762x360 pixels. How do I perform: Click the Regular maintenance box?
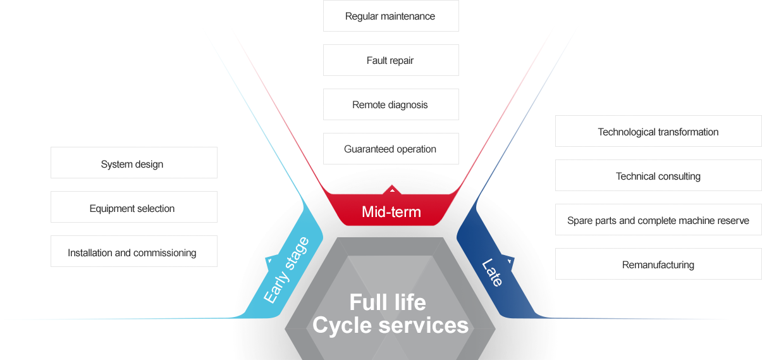click(x=390, y=16)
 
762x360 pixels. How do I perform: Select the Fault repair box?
click(x=390, y=61)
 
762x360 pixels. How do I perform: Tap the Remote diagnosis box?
click(x=390, y=105)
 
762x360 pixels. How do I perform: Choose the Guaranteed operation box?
click(x=390, y=149)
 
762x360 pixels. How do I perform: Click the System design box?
click(x=133, y=163)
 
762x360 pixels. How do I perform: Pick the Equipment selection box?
click(x=133, y=208)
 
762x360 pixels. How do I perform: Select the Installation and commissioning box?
click(x=133, y=252)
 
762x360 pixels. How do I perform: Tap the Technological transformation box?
click(x=658, y=132)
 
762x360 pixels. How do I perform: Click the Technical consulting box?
click(x=658, y=176)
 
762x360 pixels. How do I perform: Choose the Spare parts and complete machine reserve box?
click(x=658, y=220)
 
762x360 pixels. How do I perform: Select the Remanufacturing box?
click(x=658, y=264)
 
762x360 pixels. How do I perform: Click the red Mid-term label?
click(x=391, y=212)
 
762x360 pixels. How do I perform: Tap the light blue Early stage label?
click(x=286, y=271)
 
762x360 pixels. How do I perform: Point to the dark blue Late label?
click(x=493, y=273)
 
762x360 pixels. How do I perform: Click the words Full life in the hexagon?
click(x=388, y=302)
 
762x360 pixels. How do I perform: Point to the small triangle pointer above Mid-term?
click(x=392, y=189)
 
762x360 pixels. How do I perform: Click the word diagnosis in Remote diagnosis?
click(x=408, y=105)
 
